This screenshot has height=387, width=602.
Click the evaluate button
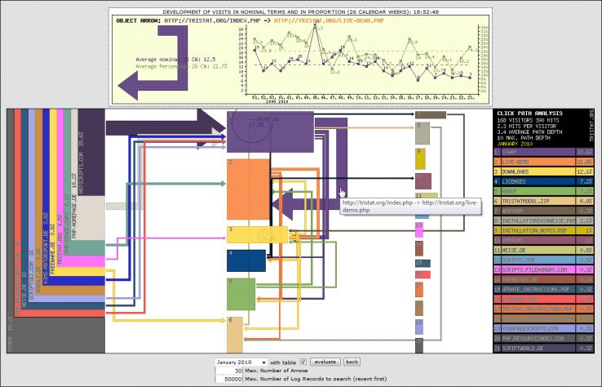[325, 362]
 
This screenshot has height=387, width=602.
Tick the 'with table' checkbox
[303, 362]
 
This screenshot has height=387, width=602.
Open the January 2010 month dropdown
[241, 362]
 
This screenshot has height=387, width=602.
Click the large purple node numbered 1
[269, 131]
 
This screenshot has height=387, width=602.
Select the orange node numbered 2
[247, 189]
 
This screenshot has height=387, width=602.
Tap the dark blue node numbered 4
[246, 260]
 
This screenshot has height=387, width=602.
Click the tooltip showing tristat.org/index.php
[409, 207]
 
